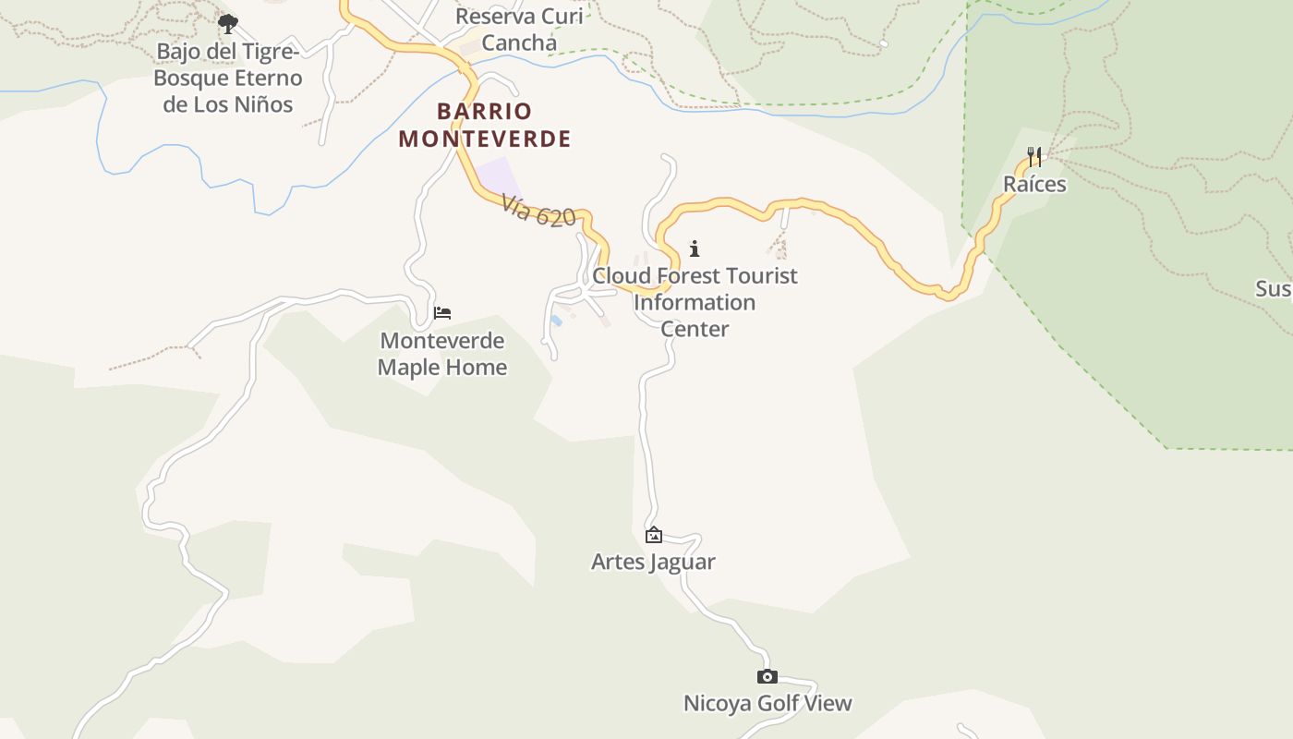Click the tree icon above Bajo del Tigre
point(228,24)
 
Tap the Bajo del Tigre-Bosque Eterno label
point(228,78)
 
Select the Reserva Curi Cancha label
point(519,30)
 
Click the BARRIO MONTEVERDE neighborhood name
point(485,125)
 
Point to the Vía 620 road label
point(539,211)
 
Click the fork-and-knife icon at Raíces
point(1034,157)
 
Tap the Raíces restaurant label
point(1034,185)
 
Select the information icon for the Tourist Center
point(695,248)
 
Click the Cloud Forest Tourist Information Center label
point(695,302)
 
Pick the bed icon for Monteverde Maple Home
point(442,313)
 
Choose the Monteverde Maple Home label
point(442,354)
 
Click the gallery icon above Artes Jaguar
point(654,535)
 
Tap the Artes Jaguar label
point(653,562)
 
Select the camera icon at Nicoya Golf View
point(767,677)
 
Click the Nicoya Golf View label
point(767,704)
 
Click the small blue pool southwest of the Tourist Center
point(556,321)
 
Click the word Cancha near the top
point(519,43)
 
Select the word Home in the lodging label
point(477,368)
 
